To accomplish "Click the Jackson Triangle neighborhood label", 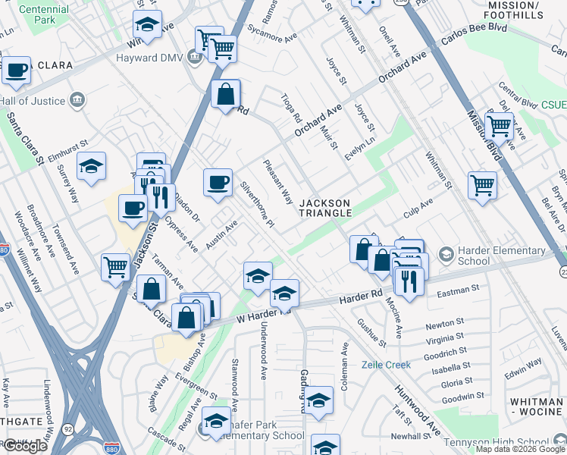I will (325, 208).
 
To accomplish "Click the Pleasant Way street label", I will (278, 182).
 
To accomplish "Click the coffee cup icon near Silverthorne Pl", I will (218, 182).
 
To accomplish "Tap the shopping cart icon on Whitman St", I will (482, 184).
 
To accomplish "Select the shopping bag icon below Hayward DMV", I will (226, 95).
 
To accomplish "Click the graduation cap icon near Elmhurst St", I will (91, 166).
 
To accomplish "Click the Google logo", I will (25, 446).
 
